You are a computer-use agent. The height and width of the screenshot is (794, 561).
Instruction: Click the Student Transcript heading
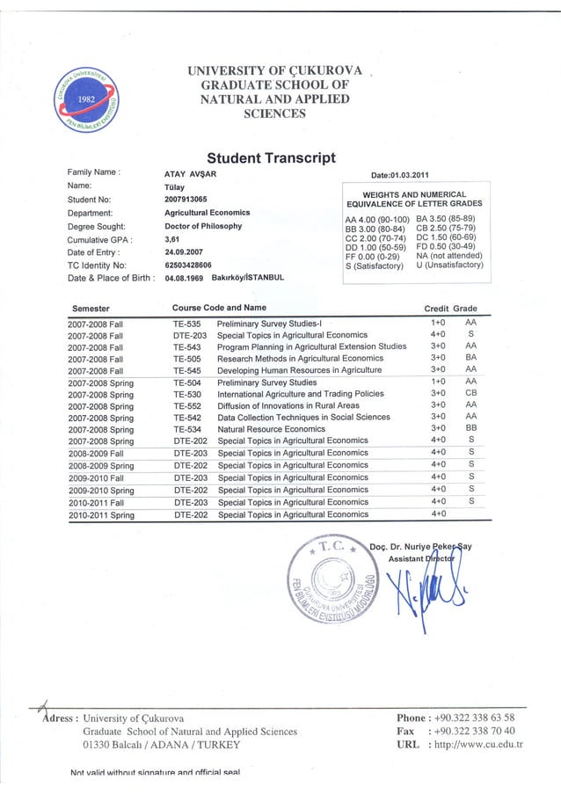coord(271,158)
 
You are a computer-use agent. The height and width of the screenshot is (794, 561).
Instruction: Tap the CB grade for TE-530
coord(470,394)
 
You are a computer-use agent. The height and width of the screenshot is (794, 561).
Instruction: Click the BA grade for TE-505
coord(470,359)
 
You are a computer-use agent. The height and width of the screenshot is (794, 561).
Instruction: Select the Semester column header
coord(97,308)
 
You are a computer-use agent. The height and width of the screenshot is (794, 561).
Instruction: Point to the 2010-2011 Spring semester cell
coord(101,514)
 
